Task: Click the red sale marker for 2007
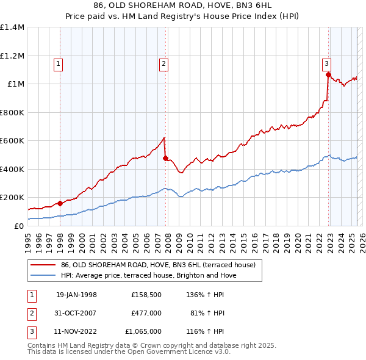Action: click(165, 158)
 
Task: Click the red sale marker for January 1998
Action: click(60, 203)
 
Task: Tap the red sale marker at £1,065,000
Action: click(328, 75)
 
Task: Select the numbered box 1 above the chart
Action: click(58, 62)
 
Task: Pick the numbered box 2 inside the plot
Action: click(164, 62)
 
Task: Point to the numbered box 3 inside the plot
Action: click(326, 62)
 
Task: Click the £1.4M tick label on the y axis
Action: click(12, 27)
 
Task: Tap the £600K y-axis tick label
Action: click(12, 140)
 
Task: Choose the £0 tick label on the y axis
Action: click(20, 226)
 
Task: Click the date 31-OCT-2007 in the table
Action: click(76, 314)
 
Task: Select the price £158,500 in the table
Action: click(146, 295)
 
